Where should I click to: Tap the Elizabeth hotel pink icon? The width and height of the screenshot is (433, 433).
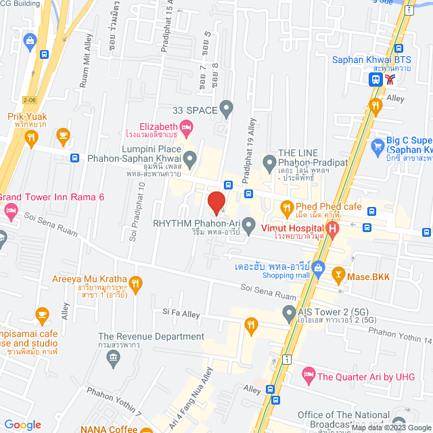pos(187,127)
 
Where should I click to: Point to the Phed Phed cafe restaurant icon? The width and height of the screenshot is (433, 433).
pos(287,207)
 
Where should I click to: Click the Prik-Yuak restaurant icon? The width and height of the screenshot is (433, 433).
pos(30,139)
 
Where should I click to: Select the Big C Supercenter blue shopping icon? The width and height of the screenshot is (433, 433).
pos(378,144)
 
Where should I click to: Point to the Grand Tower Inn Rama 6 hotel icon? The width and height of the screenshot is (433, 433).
pos(10,210)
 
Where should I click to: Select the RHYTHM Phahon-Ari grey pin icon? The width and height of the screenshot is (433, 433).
pos(249,223)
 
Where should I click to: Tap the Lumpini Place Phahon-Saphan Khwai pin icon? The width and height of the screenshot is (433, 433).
pos(191,160)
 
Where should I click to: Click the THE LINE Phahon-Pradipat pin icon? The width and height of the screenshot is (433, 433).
pos(270,162)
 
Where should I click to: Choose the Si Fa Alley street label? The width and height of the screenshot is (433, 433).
pos(181,314)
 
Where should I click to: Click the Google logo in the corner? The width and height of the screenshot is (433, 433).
pos(22,424)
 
